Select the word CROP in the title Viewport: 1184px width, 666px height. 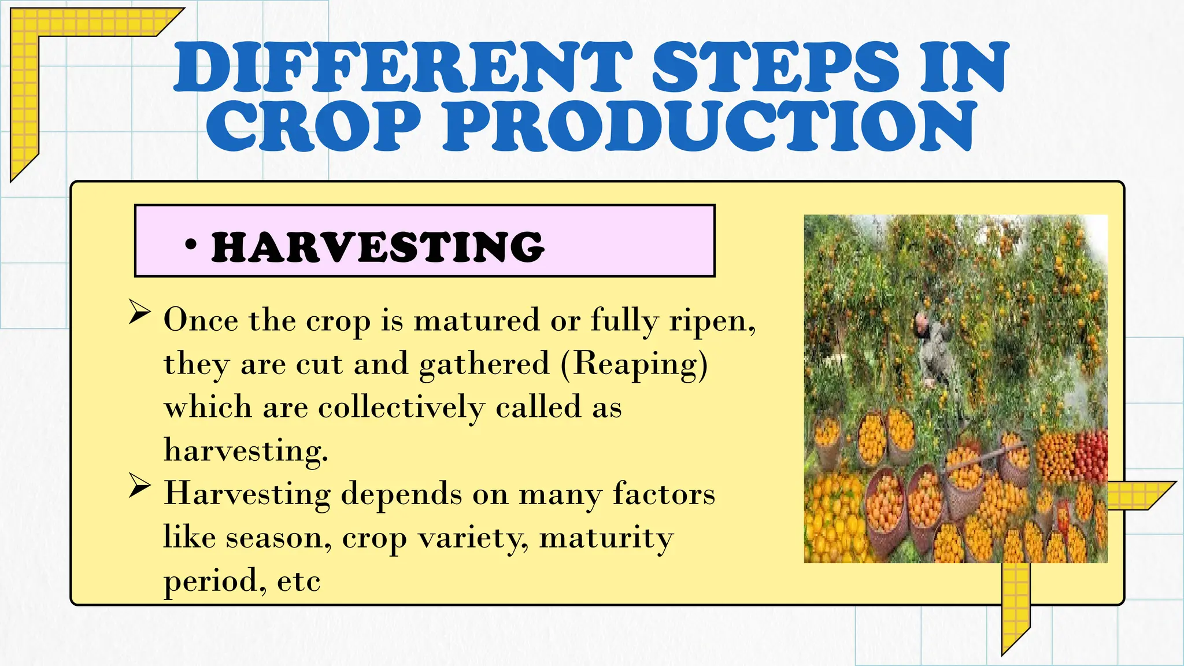point(313,125)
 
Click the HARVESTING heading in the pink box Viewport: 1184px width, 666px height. point(378,247)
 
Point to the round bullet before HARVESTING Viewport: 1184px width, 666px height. point(190,245)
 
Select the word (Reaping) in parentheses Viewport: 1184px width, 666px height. point(634,364)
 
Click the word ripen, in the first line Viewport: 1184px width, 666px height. point(712,321)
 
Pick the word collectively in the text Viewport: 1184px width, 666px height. point(401,408)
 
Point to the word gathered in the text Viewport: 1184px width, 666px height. point(484,364)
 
